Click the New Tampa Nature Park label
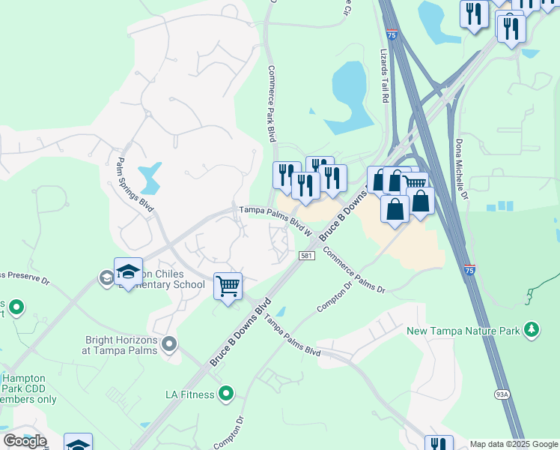tap(464, 330)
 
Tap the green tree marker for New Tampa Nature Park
tap(532, 329)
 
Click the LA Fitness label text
tap(190, 393)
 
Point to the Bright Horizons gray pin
tap(170, 344)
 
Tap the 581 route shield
tap(306, 256)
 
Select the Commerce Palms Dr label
tap(354, 271)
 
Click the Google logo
tap(25, 441)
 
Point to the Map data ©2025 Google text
tap(514, 444)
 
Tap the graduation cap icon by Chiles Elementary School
tap(128, 272)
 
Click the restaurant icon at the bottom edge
tap(439, 445)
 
